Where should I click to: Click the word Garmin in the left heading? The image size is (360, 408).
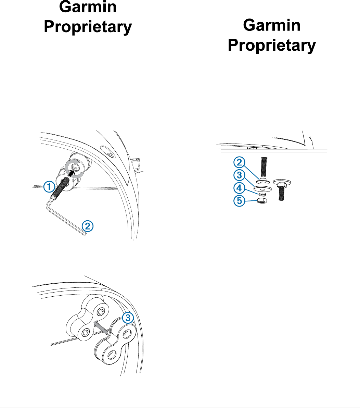(88, 8)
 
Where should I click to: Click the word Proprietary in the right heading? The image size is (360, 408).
(272, 46)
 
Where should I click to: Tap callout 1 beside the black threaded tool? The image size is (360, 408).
(49, 187)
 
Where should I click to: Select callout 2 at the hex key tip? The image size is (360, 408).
(88, 226)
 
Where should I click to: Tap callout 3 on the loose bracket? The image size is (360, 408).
(128, 318)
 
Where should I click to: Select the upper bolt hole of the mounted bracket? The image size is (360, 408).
(101, 312)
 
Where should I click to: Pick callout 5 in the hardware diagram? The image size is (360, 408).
(239, 201)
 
